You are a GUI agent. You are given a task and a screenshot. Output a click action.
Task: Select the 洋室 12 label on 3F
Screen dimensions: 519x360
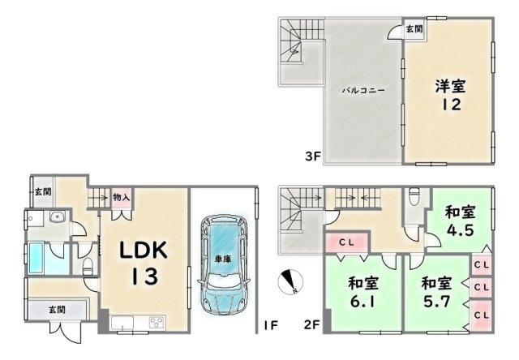pyautogui.click(x=450, y=96)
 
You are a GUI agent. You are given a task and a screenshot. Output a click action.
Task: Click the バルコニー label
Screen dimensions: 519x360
pyautogui.click(x=363, y=90)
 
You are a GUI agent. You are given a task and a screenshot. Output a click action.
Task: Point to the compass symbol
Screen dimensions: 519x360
pyautogui.click(x=290, y=282)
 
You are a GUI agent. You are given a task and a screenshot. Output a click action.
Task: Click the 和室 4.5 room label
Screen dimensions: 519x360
pyautogui.click(x=460, y=221)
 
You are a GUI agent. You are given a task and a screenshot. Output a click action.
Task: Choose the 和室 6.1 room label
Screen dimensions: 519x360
pyautogui.click(x=363, y=293)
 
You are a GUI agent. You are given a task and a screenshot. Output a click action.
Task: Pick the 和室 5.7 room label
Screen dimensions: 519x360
pyautogui.click(x=436, y=293)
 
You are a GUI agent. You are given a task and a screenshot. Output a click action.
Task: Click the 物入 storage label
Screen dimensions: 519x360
pyautogui.click(x=121, y=198)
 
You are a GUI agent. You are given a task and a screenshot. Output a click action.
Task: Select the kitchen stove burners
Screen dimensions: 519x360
pyautogui.click(x=157, y=322)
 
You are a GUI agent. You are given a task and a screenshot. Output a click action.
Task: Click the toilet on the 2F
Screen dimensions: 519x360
pyautogui.click(x=414, y=196)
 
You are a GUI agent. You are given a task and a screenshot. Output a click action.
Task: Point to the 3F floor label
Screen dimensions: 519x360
pyautogui.click(x=313, y=156)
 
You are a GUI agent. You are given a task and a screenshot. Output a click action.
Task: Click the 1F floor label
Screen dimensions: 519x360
pyautogui.click(x=270, y=326)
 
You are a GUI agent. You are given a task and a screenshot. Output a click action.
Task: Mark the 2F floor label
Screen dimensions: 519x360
pyautogui.click(x=311, y=325)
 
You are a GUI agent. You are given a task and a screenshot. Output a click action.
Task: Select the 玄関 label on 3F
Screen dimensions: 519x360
pyautogui.click(x=414, y=29)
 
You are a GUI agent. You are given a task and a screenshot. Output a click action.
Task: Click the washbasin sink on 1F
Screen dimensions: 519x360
pyautogui.click(x=58, y=217)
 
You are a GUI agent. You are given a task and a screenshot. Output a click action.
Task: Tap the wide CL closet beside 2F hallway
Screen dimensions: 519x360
pyautogui.click(x=347, y=242)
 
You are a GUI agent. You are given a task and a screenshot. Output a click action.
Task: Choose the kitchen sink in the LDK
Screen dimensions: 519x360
pyautogui.click(x=122, y=323)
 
